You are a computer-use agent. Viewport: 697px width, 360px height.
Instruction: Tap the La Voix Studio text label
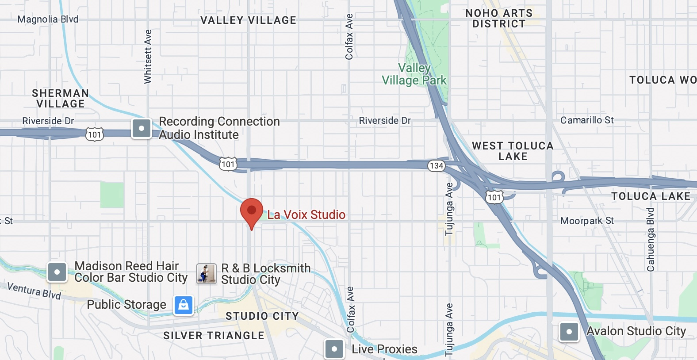(x=306, y=215)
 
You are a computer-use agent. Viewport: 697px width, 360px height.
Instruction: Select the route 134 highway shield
(x=436, y=166)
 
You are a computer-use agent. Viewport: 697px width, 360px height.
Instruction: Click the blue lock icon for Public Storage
(x=184, y=305)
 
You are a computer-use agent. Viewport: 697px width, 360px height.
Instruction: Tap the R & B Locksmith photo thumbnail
(x=206, y=274)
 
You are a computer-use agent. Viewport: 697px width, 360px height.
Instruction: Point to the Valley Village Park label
(x=414, y=74)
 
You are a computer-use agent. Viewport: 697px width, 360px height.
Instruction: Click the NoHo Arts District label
(x=499, y=19)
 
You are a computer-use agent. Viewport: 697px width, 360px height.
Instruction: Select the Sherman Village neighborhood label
(x=60, y=99)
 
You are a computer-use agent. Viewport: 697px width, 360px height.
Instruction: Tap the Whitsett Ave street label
(x=148, y=57)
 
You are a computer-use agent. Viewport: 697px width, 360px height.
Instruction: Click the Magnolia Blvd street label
(x=48, y=19)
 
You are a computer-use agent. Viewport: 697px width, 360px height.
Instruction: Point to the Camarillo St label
(x=587, y=120)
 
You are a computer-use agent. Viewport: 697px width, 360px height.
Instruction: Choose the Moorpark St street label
(x=587, y=221)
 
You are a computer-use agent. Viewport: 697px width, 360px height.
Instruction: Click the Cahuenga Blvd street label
(x=651, y=240)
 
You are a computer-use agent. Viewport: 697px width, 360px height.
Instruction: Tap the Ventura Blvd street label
(x=34, y=291)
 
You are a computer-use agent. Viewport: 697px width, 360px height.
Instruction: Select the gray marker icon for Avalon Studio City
(x=569, y=332)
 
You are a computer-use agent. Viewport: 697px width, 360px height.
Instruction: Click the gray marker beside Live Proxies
(x=334, y=349)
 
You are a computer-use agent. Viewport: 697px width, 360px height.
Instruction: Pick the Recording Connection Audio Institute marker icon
(x=142, y=129)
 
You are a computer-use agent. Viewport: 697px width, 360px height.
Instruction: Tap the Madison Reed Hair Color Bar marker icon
(x=57, y=272)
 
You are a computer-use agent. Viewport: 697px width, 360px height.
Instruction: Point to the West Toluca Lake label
(x=513, y=151)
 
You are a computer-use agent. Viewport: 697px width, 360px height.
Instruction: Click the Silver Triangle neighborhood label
(x=214, y=336)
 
